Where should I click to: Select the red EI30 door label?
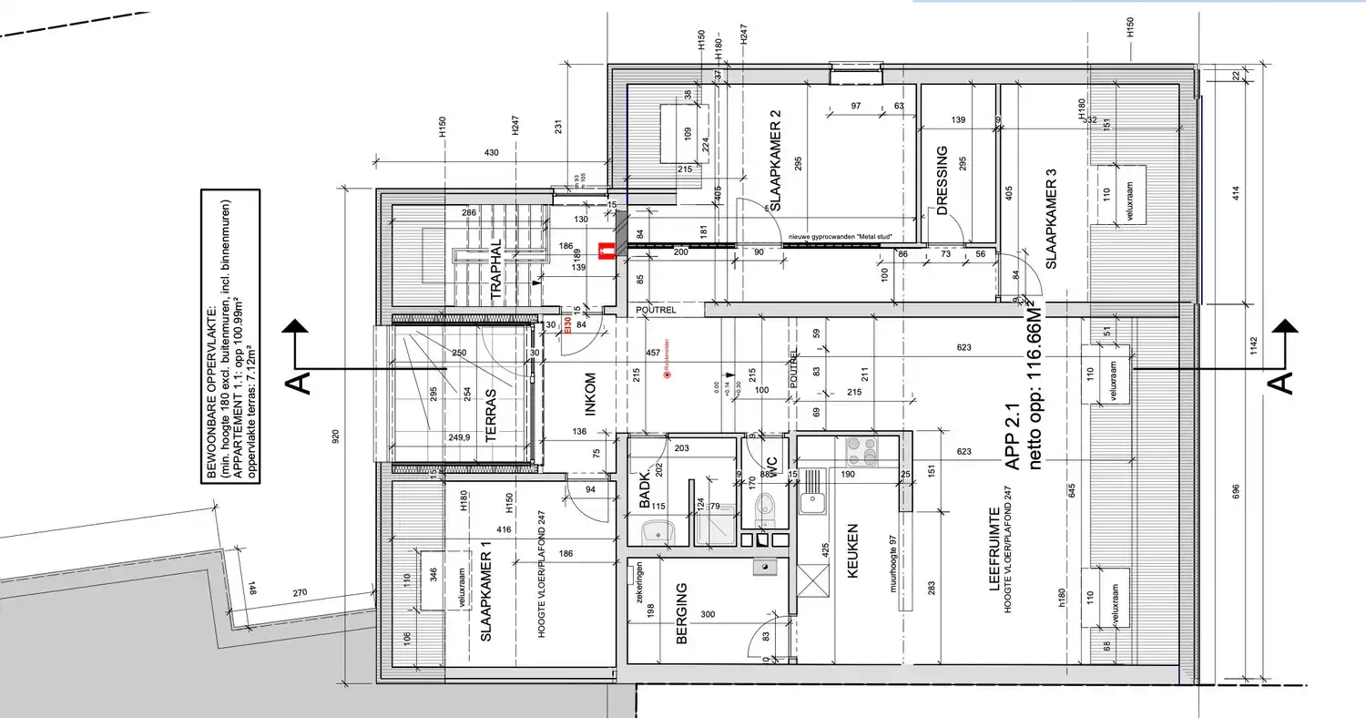(x=567, y=325)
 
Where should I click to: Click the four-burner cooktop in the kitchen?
(x=861, y=450)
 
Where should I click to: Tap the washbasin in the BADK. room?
(x=654, y=529)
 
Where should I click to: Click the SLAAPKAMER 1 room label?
(x=485, y=603)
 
